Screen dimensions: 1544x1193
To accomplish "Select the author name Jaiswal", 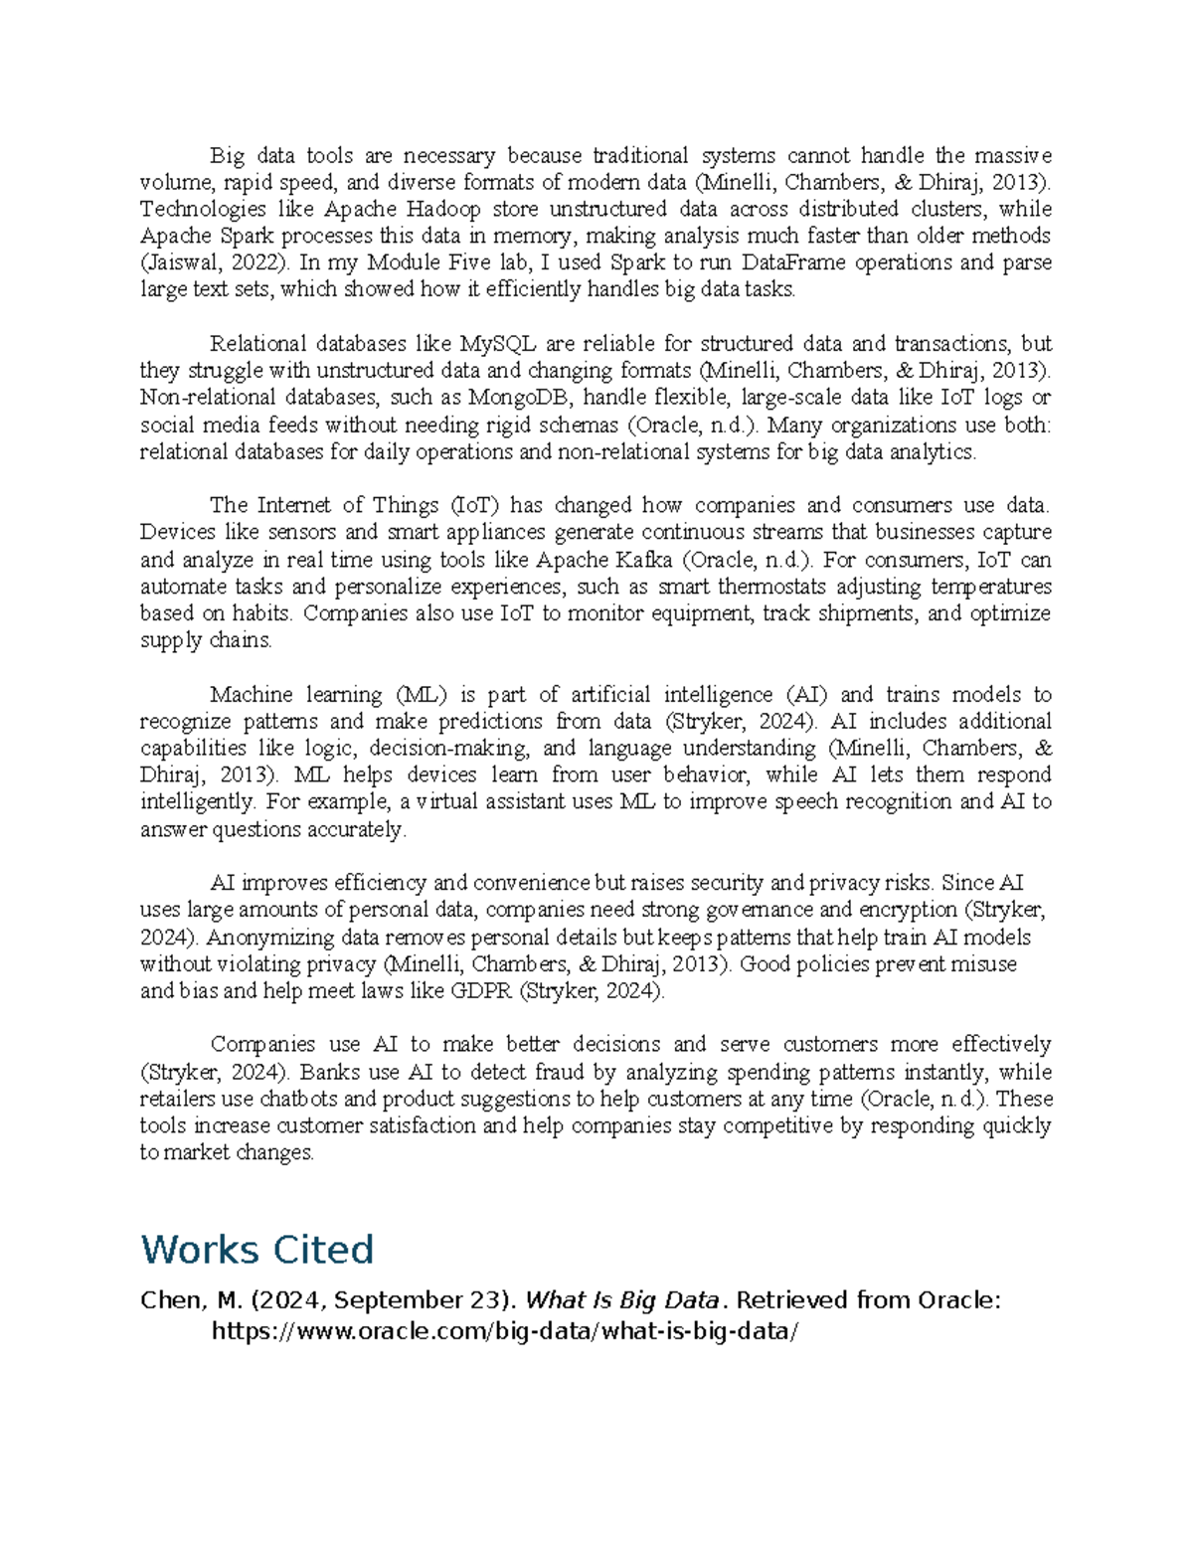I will pyautogui.click(x=178, y=263).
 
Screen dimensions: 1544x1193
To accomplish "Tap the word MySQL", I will pyautogui.click(x=497, y=344).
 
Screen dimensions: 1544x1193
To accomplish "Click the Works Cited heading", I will pyautogui.click(x=256, y=1250).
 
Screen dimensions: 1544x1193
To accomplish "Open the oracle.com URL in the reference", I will pyautogui.click(x=505, y=1331).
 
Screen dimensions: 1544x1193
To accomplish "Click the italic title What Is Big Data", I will pyautogui.click(x=621, y=1300).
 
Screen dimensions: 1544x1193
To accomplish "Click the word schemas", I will pyautogui.click(x=576, y=426).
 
